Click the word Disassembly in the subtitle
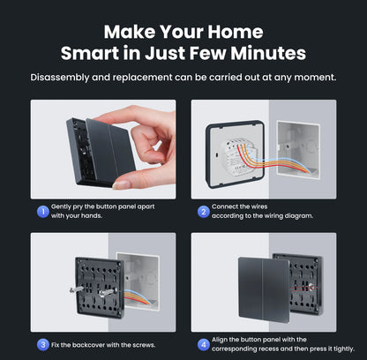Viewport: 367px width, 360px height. click(x=65, y=77)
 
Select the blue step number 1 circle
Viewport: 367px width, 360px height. click(x=41, y=211)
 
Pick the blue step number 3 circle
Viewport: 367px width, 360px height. click(x=41, y=343)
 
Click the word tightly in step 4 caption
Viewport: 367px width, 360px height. click(x=340, y=348)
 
